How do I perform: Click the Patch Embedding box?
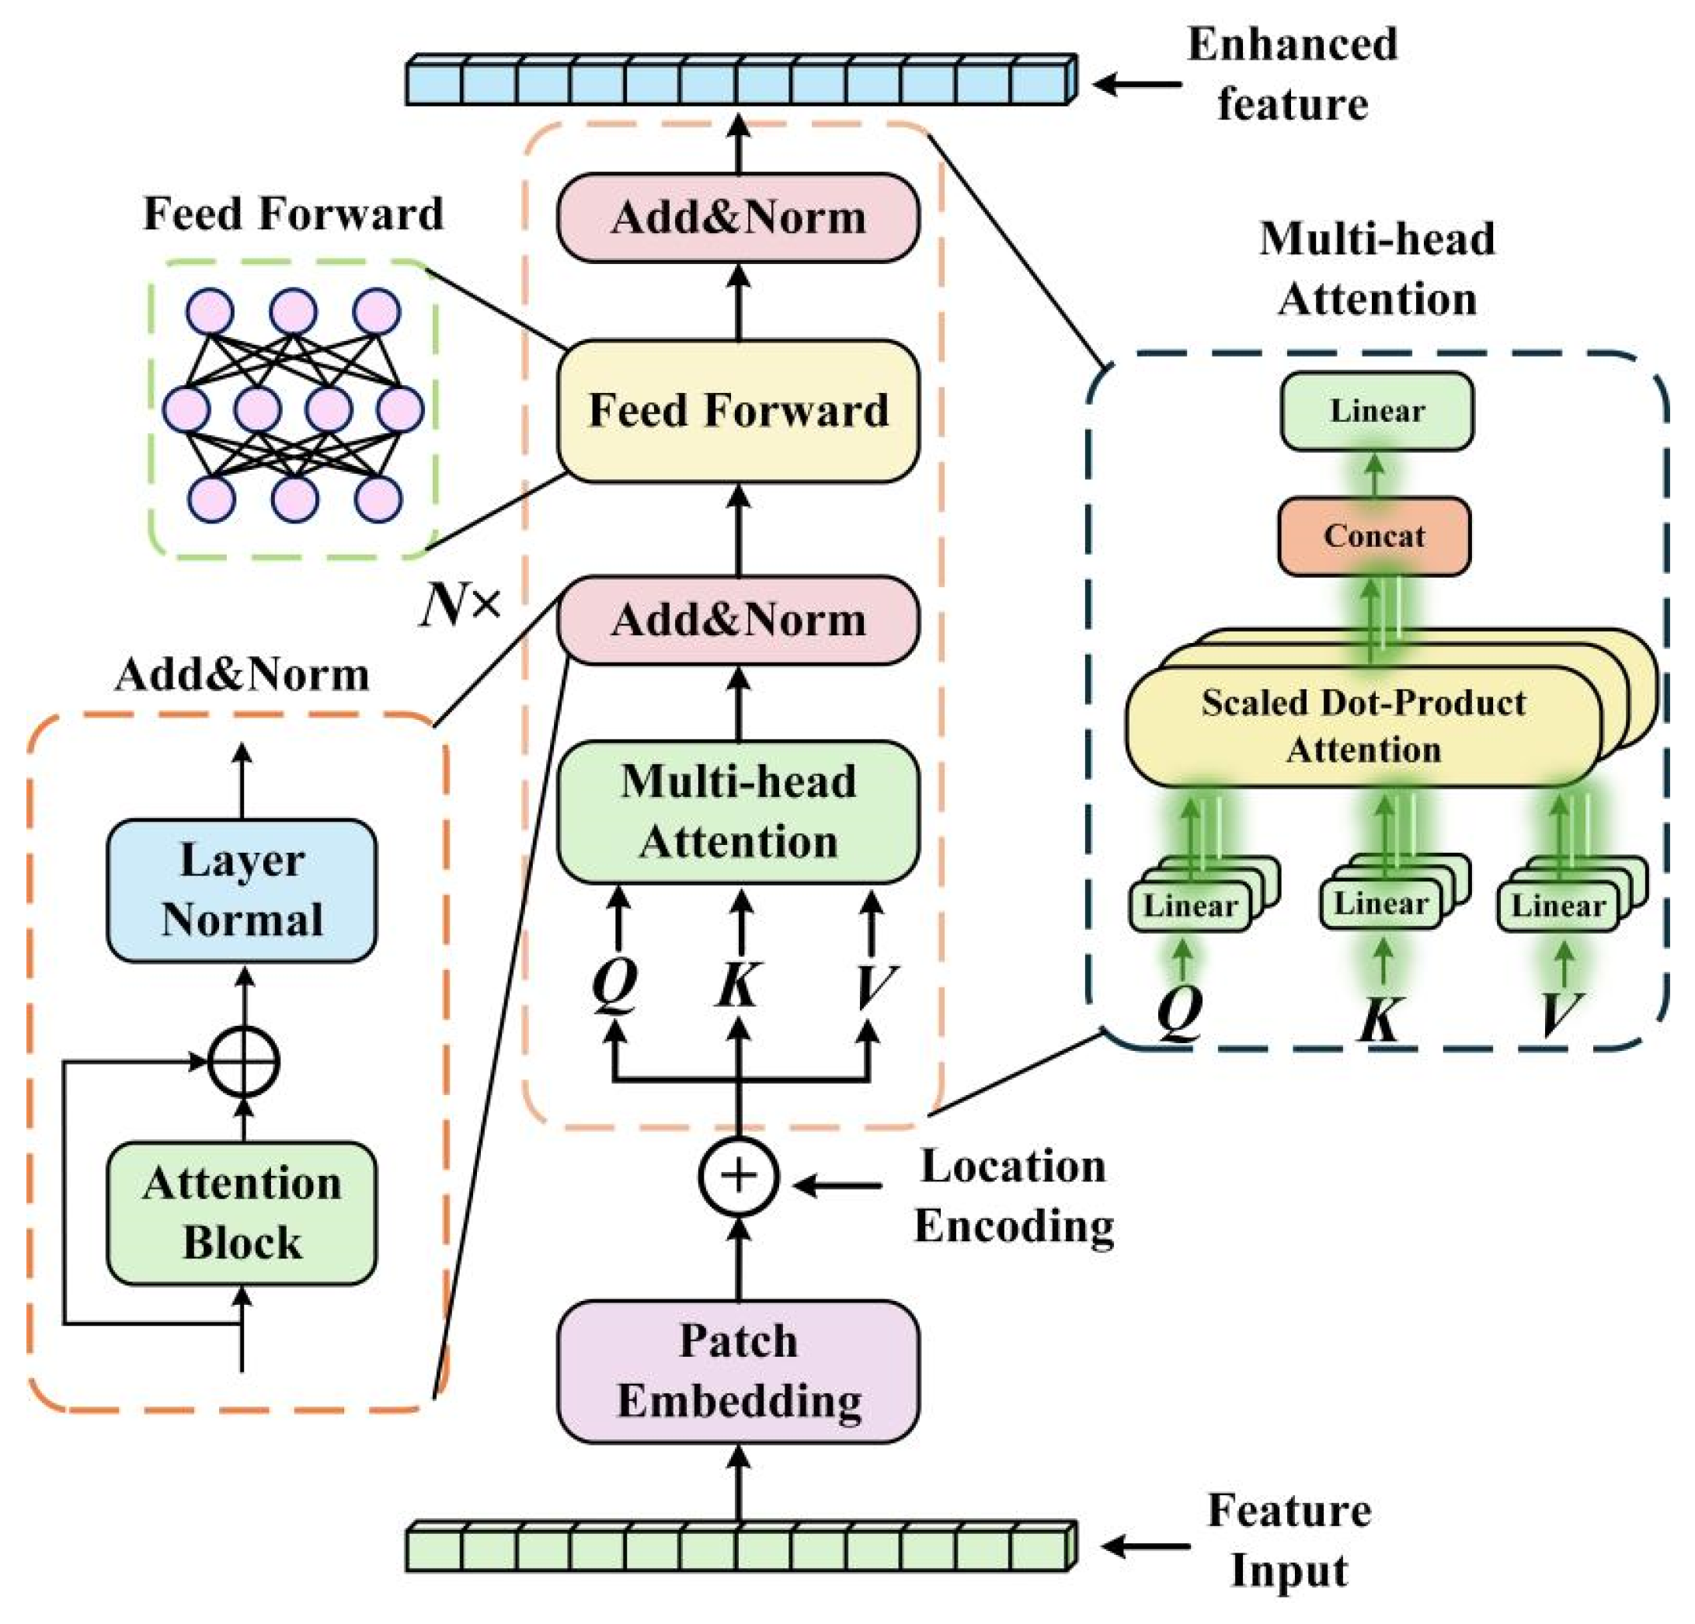click(x=738, y=1371)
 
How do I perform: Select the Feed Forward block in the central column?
click(x=738, y=411)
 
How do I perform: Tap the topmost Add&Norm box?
click(x=738, y=217)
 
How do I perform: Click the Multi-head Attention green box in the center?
click(x=738, y=811)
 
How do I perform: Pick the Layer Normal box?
click(x=242, y=890)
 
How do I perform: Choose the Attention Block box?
click(x=242, y=1212)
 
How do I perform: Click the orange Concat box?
click(x=1373, y=536)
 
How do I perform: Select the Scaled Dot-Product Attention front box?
click(x=1363, y=726)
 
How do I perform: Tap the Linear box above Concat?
click(x=1376, y=411)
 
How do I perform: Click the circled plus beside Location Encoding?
click(x=738, y=1176)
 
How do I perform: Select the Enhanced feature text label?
click(x=1292, y=75)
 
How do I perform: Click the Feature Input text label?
click(x=1289, y=1540)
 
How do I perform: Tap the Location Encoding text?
click(x=1014, y=1196)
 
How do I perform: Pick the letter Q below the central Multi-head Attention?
click(x=615, y=984)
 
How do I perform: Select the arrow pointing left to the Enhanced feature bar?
click(x=1136, y=84)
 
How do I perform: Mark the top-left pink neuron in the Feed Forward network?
click(x=211, y=311)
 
